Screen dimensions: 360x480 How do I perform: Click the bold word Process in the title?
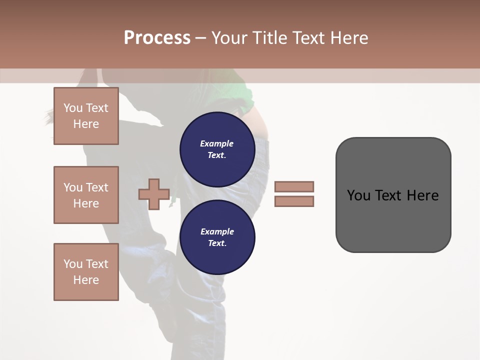tap(157, 38)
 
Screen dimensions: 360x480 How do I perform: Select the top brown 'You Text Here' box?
tap(86, 116)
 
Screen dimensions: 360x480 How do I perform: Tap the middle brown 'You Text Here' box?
tap(86, 195)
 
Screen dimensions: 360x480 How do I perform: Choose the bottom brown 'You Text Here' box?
tap(86, 272)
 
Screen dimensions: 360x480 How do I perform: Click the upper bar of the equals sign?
tap(294, 186)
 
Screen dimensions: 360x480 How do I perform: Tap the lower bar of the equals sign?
tap(294, 201)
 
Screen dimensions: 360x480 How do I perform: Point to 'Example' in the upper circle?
tap(217, 143)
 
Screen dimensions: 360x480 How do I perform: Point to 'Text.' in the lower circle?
tap(217, 243)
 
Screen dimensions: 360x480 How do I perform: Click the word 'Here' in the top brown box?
tap(86, 124)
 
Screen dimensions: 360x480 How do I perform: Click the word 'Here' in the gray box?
tap(422, 195)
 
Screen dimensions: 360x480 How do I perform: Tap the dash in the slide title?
tap(201, 38)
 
